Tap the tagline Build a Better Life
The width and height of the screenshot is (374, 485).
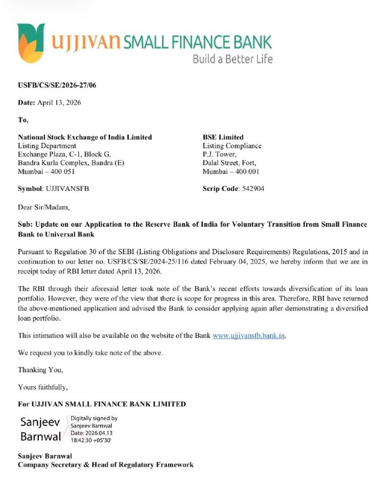coord(233,59)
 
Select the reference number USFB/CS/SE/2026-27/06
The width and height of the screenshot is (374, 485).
coord(57,85)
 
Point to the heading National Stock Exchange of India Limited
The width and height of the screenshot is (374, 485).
coord(85,137)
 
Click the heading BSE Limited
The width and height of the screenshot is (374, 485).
coord(223,137)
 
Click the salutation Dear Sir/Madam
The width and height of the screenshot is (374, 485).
coord(44,207)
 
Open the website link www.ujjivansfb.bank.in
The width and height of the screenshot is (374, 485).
coord(249,335)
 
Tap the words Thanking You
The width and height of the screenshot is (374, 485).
coord(41,369)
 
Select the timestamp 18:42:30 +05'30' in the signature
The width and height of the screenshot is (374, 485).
coord(91,440)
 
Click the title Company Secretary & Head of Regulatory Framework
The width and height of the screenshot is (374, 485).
coord(106,464)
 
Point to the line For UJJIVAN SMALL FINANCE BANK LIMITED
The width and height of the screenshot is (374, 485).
coord(102,404)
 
